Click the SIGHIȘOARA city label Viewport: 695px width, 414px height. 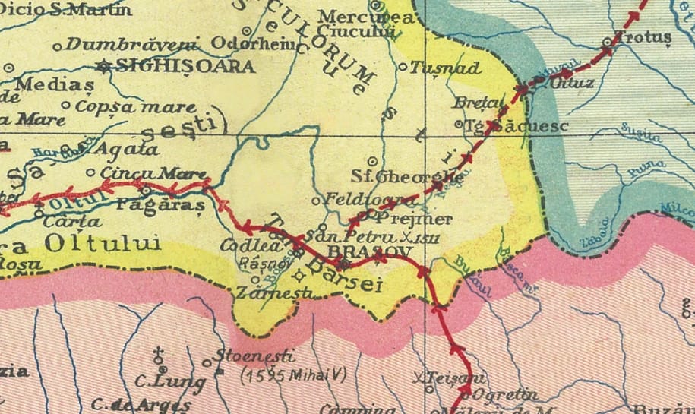click(187, 66)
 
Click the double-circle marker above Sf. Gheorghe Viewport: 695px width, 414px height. click(372, 161)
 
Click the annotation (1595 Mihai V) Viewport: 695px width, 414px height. click(288, 375)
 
